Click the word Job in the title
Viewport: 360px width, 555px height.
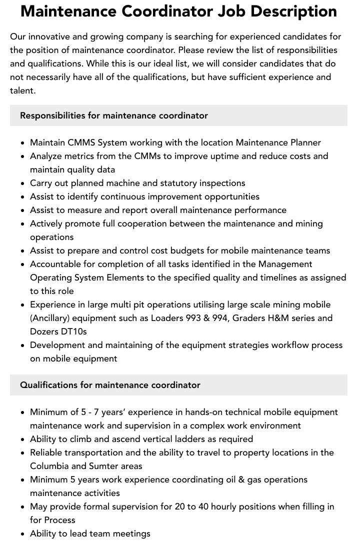pyautogui.click(x=233, y=11)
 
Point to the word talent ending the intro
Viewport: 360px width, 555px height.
pyautogui.click(x=22, y=90)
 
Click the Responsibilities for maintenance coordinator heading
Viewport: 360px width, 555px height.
pyautogui.click(x=114, y=115)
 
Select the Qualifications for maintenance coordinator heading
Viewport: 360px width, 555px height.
pyautogui.click(x=110, y=385)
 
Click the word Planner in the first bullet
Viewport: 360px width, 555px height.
pyautogui.click(x=303, y=142)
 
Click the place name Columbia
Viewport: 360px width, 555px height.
pyautogui.click(x=49, y=466)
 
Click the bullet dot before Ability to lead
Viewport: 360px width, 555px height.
pyautogui.click(x=23, y=534)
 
